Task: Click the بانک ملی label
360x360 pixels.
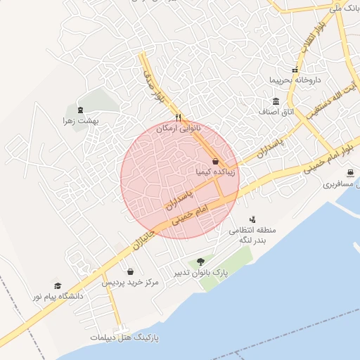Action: pyautogui.click(x=344, y=8)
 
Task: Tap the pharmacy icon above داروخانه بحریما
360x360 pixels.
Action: pyautogui.click(x=295, y=70)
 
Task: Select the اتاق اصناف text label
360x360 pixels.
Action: pyautogui.click(x=276, y=112)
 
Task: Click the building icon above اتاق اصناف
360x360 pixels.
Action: pyautogui.click(x=276, y=102)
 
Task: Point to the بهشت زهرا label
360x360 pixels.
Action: pyautogui.click(x=79, y=121)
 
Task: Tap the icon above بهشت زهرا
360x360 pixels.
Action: pyautogui.click(x=79, y=110)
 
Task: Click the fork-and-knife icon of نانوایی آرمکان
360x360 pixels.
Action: pyautogui.click(x=179, y=117)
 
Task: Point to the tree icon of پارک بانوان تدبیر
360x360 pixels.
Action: pyautogui.click(x=201, y=262)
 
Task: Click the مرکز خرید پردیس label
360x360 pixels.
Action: pyautogui.click(x=131, y=282)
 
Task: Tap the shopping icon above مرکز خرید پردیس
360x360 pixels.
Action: pyautogui.click(x=131, y=271)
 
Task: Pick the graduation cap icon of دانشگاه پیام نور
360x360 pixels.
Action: pyautogui.click(x=57, y=286)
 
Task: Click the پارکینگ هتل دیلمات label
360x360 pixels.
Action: pyautogui.click(x=124, y=337)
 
